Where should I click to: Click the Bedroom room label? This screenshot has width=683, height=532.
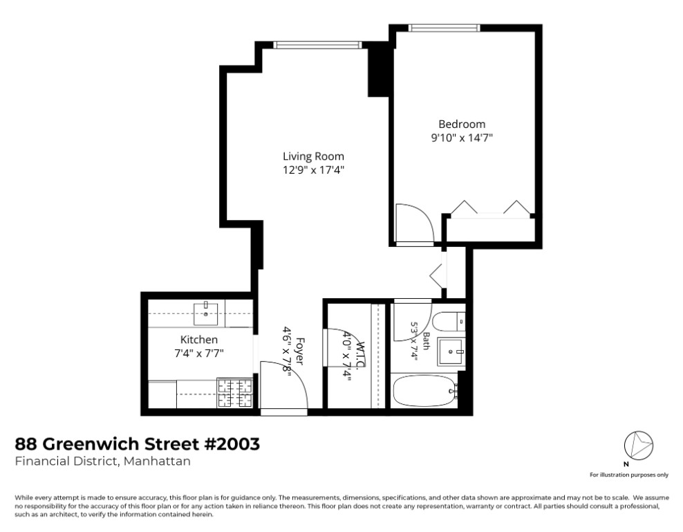(462, 125)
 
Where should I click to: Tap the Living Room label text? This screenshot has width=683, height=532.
(313, 156)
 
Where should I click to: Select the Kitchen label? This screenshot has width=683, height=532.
(198, 340)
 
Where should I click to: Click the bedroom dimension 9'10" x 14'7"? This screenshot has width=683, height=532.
(462, 138)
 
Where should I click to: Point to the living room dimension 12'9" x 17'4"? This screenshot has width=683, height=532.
(313, 169)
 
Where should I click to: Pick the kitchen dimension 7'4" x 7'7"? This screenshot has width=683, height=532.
(198, 354)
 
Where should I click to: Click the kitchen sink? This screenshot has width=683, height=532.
(205, 313)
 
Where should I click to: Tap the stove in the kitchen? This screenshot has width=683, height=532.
(235, 393)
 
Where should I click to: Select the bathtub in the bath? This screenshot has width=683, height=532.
(424, 392)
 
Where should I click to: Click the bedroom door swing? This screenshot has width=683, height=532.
(415, 223)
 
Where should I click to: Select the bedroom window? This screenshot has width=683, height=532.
(445, 28)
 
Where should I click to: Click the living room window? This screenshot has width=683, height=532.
(318, 44)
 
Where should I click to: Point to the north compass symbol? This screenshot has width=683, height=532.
(639, 446)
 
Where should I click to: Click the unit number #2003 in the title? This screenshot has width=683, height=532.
(232, 444)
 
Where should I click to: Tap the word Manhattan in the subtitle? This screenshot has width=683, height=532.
(157, 461)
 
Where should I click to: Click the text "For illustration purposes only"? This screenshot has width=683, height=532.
(629, 475)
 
